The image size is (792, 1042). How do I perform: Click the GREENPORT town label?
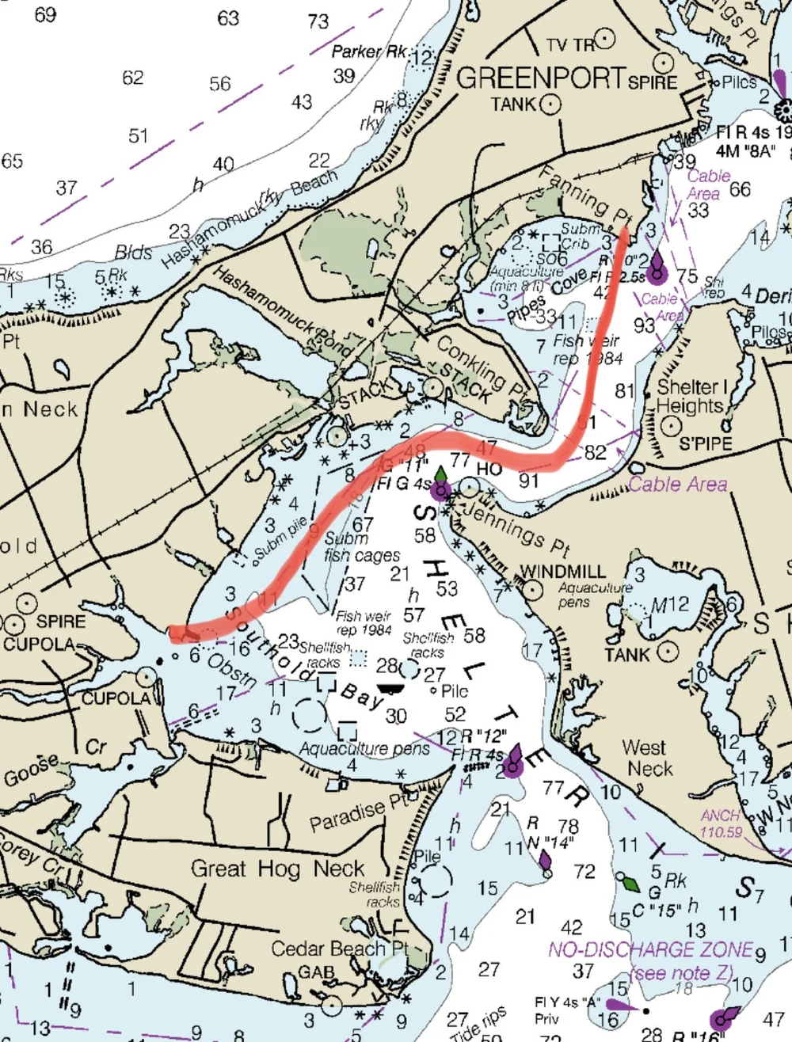pos(541,78)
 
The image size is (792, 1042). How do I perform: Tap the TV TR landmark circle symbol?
pos(605,38)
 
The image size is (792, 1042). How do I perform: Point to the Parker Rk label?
pos(369,51)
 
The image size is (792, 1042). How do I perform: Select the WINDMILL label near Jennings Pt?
pos(562,572)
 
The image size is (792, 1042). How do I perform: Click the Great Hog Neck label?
pos(277,869)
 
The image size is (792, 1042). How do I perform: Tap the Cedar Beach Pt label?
pos(340,949)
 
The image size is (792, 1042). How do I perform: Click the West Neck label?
pos(647,758)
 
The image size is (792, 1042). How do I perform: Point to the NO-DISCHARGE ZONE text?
pos(650,949)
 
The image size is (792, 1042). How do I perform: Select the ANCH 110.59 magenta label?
pos(721,823)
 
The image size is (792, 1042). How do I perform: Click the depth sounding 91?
pos(528,480)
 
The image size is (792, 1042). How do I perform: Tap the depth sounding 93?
pos(644,325)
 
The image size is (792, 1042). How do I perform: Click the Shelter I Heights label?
pos(691,396)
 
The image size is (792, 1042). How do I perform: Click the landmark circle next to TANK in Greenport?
pos(550,105)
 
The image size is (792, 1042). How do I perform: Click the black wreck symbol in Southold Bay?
pos(389,688)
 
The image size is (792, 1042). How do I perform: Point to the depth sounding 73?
pos(318,21)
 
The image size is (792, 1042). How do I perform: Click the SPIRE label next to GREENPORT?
pos(653,82)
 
